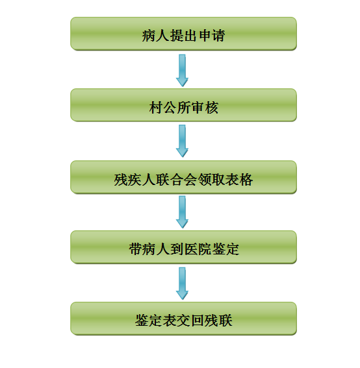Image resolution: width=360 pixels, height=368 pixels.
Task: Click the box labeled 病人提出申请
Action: pyautogui.click(x=183, y=34)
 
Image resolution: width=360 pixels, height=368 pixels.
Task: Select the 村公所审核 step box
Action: pyautogui.click(x=183, y=105)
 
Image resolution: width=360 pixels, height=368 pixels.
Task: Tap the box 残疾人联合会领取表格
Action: pyautogui.click(x=183, y=177)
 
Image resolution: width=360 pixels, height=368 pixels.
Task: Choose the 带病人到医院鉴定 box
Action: pyautogui.click(x=183, y=247)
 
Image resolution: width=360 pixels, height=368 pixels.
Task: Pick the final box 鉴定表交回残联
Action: pyautogui.click(x=183, y=319)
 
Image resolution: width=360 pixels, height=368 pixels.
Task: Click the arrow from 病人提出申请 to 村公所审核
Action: pyautogui.click(x=182, y=71)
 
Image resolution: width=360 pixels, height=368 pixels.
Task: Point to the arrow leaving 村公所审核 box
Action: pyautogui.click(x=182, y=141)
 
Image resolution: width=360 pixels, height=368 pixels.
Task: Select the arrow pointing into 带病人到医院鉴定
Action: pyautogui.click(x=182, y=212)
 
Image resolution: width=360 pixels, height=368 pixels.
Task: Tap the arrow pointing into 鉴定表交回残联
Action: pyautogui.click(x=182, y=284)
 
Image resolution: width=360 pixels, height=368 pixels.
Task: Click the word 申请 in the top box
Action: pyautogui.click(x=212, y=36)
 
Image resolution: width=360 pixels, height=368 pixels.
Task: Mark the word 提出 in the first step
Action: pyautogui.click(x=183, y=36)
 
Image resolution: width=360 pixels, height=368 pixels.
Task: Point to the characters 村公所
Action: pyautogui.click(x=170, y=108)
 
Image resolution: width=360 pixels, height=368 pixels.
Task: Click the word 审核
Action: pyautogui.click(x=205, y=108)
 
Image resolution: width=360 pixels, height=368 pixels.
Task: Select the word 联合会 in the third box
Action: pyautogui.click(x=176, y=180)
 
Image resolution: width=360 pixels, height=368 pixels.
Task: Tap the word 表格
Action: pyautogui.click(x=239, y=180)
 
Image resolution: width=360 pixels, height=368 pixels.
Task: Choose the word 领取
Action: pyautogui.click(x=211, y=180)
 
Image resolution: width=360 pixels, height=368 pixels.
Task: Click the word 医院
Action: pyautogui.click(x=198, y=249)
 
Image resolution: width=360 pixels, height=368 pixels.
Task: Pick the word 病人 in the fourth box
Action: pyautogui.click(x=156, y=249)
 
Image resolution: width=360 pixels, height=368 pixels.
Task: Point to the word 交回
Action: pyautogui.click(x=190, y=321)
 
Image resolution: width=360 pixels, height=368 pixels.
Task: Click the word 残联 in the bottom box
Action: pyautogui.click(x=218, y=321)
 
